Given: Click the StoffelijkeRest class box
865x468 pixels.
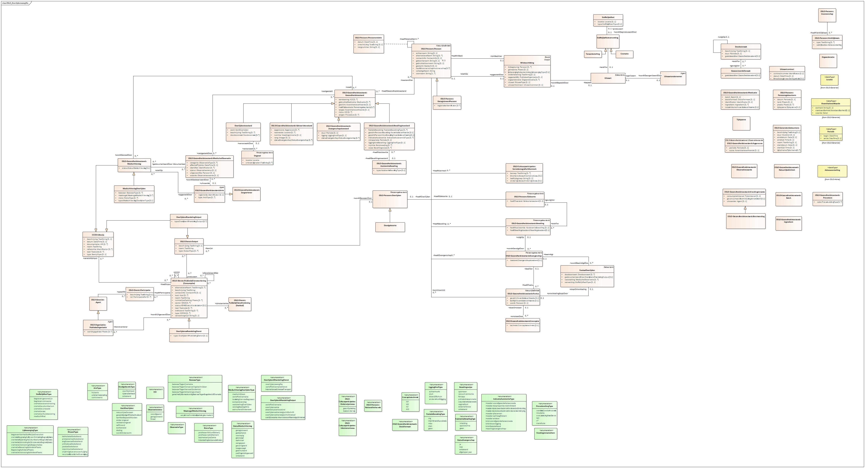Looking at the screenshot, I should coord(608,20).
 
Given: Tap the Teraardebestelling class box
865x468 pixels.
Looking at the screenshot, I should coord(593,54).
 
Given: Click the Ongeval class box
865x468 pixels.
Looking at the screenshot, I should coord(257,158).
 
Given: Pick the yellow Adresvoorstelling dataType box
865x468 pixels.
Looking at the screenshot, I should coord(832,171).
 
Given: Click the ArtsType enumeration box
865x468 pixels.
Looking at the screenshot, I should coord(97,392).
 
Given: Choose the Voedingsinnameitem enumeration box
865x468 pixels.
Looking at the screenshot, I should coord(546,433).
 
